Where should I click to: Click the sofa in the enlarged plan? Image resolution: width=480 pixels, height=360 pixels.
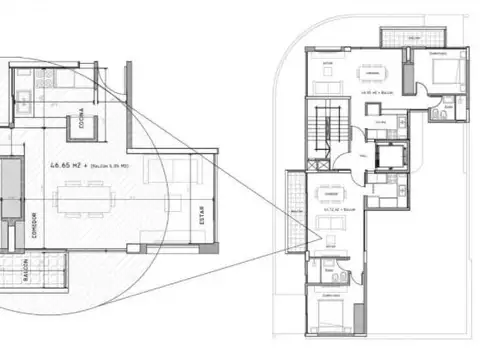coord(158,170)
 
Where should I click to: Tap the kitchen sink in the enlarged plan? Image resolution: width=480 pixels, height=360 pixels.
coord(23,97)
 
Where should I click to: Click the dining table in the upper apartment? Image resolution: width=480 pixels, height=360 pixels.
coord(372,74)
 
